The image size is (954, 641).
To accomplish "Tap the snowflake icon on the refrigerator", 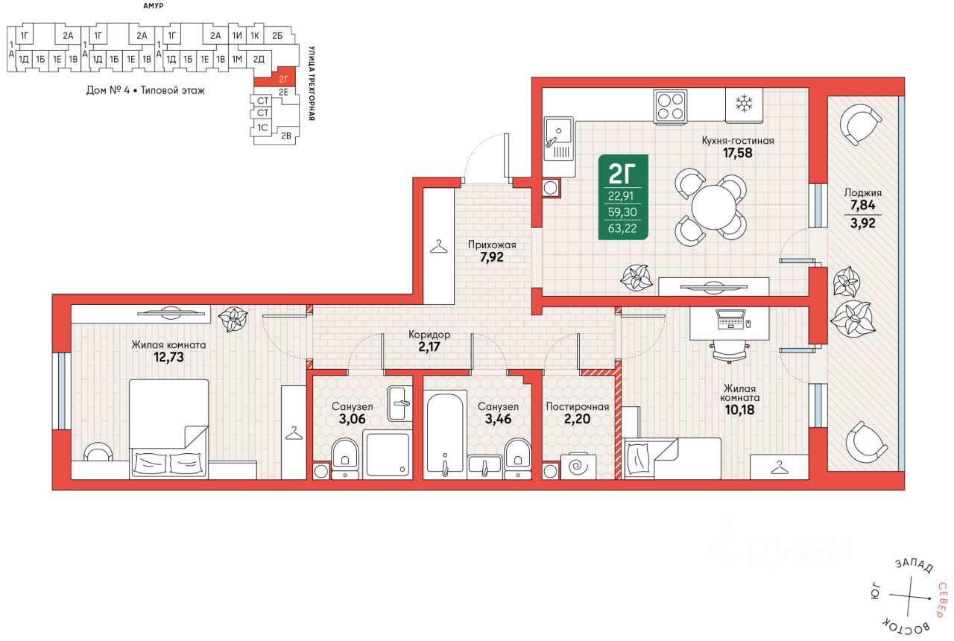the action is point(744,104).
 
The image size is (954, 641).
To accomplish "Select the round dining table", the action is point(713,207).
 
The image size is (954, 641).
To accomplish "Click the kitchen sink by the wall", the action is point(559,147).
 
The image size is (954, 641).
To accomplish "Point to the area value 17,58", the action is point(738,153).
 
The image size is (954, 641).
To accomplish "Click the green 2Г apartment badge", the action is point(623,197).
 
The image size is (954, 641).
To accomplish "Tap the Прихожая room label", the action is point(492,245).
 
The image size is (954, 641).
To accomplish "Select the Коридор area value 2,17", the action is point(429,347).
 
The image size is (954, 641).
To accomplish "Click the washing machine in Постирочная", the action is point(578,467).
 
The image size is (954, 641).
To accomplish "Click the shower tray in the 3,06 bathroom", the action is point(387,454).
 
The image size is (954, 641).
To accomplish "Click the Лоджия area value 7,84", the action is point(863,205).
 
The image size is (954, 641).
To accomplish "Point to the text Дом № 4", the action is point(108,90).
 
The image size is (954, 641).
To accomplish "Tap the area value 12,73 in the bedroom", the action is point(168,357).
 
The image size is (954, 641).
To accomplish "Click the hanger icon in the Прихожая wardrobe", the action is point(439,247).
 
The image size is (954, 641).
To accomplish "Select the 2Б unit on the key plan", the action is point(277,35).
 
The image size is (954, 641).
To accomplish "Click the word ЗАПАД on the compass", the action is point(914,565).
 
